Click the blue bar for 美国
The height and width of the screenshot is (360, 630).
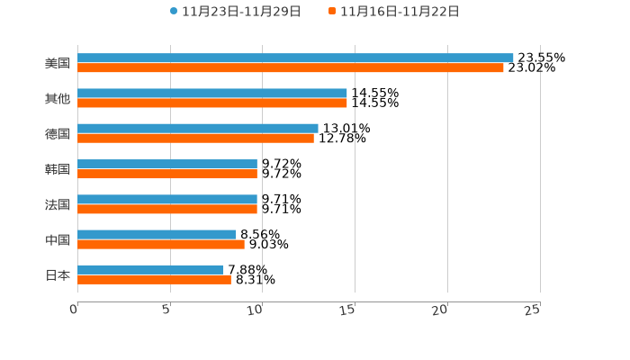pyautogui.click(x=295, y=58)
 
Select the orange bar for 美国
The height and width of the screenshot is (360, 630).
pyautogui.click(x=291, y=67)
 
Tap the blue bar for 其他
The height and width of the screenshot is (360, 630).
pyautogui.click(x=212, y=93)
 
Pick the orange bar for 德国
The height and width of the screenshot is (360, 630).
pyautogui.click(x=195, y=139)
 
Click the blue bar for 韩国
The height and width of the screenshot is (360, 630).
pyautogui.click(x=167, y=164)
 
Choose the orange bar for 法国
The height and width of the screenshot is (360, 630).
pyautogui.click(x=167, y=209)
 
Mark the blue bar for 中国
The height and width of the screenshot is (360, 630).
pyautogui.click(x=157, y=234)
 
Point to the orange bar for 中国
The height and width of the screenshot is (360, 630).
pyautogui.click(x=161, y=244)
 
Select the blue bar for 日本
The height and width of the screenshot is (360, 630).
pyautogui.click(x=150, y=269)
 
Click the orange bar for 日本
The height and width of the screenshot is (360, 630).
pyautogui.click(x=154, y=279)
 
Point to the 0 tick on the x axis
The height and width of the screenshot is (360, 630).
pyautogui.click(x=74, y=310)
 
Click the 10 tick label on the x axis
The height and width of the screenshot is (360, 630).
pyautogui.click(x=256, y=310)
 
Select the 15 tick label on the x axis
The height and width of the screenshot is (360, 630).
pyautogui.click(x=348, y=310)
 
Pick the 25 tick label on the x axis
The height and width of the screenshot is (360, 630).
pyautogui.click(x=532, y=310)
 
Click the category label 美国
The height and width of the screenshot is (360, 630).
pyautogui.click(x=58, y=63)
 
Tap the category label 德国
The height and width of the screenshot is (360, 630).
pyautogui.click(x=58, y=133)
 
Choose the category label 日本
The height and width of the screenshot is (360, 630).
pyautogui.click(x=58, y=274)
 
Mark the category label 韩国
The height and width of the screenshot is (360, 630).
pyautogui.click(x=58, y=169)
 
